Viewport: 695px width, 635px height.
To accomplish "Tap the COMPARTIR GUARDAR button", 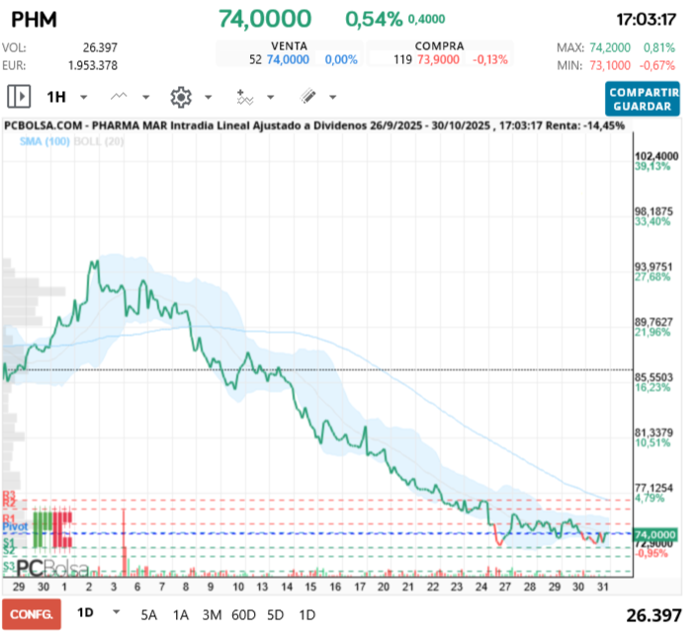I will point(643,99).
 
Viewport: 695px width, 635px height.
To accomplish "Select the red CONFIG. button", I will point(31,614).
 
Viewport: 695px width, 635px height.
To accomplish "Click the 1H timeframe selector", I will point(55,97).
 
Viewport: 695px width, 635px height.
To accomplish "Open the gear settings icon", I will point(180,97).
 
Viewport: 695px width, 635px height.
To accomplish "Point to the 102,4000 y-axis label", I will point(656,156).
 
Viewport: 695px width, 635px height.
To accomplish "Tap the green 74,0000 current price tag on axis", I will point(656,534).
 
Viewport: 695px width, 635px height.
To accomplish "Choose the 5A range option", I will point(149,614).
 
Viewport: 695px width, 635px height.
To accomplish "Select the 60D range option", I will point(244,614).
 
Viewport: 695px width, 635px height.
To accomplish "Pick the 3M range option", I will point(212,614).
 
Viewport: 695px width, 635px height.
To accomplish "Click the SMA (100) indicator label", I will point(44,142).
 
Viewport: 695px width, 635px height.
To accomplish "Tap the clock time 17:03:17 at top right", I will point(646,19).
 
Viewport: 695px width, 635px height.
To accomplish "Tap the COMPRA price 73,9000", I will point(438,59).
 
